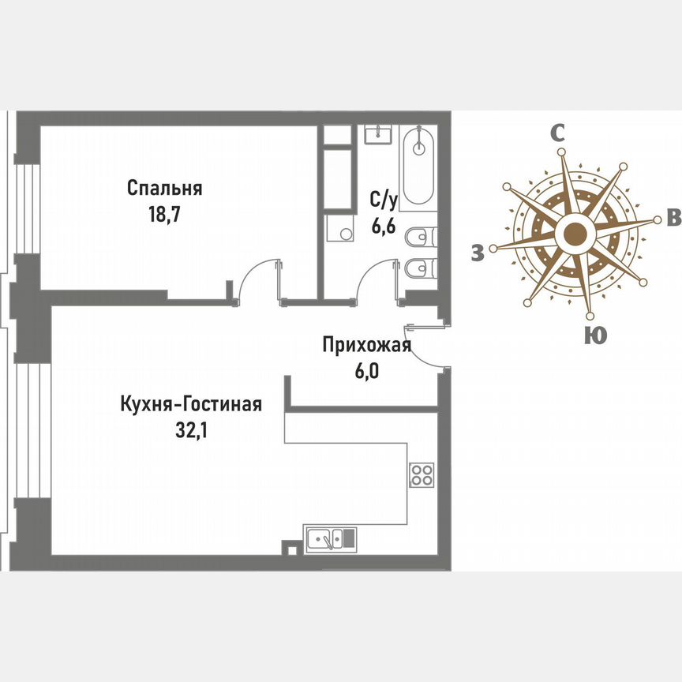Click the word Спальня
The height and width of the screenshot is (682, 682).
[x=165, y=189]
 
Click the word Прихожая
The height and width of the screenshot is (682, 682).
[x=366, y=345]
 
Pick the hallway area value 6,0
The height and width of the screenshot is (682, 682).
[x=366, y=370]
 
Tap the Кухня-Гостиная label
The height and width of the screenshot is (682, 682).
[x=190, y=405]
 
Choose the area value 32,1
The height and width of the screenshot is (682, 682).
[x=190, y=430]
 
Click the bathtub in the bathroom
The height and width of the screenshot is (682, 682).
[x=419, y=167]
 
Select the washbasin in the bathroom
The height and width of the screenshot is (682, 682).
[x=379, y=134]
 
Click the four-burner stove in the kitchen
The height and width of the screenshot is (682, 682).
[x=422, y=474]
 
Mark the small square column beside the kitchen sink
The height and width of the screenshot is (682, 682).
[x=293, y=546]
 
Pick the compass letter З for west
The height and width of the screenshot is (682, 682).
[x=476, y=253]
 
